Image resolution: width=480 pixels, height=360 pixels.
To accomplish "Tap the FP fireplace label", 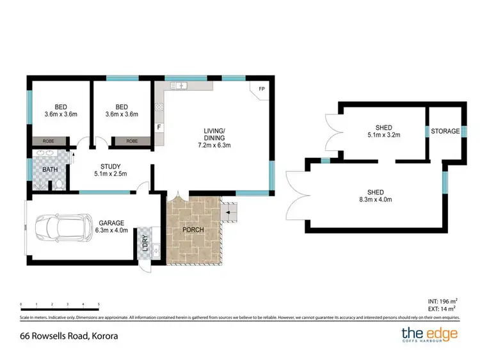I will coord(261,89).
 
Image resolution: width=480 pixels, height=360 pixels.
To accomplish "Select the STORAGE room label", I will coord(445,131).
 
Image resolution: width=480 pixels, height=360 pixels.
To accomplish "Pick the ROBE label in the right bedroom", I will coord(132,141).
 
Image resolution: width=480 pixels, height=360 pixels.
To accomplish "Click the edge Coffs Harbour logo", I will coord(429,334).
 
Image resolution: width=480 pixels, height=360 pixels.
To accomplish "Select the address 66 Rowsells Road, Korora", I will coord(70,335).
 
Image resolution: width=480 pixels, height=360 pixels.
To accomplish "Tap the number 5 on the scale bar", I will coord(98,304).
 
